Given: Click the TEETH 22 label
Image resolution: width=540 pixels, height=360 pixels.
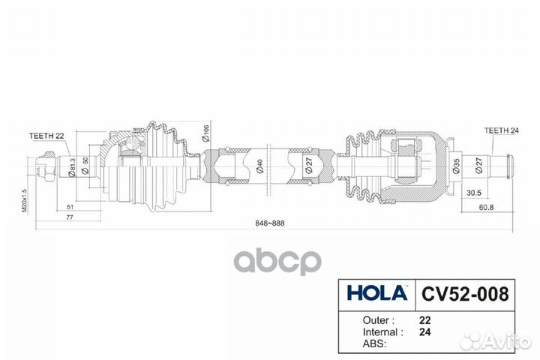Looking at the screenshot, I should [46, 135].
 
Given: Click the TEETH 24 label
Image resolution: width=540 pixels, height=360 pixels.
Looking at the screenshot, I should [501, 130].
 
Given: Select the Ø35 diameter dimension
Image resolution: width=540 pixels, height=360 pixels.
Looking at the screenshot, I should [454, 166].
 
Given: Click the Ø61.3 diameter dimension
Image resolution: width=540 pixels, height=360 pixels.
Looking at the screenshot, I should [72, 166].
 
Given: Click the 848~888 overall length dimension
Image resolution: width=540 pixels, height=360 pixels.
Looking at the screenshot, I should [270, 223].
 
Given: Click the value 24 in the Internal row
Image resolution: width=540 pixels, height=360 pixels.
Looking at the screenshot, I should [426, 331].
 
